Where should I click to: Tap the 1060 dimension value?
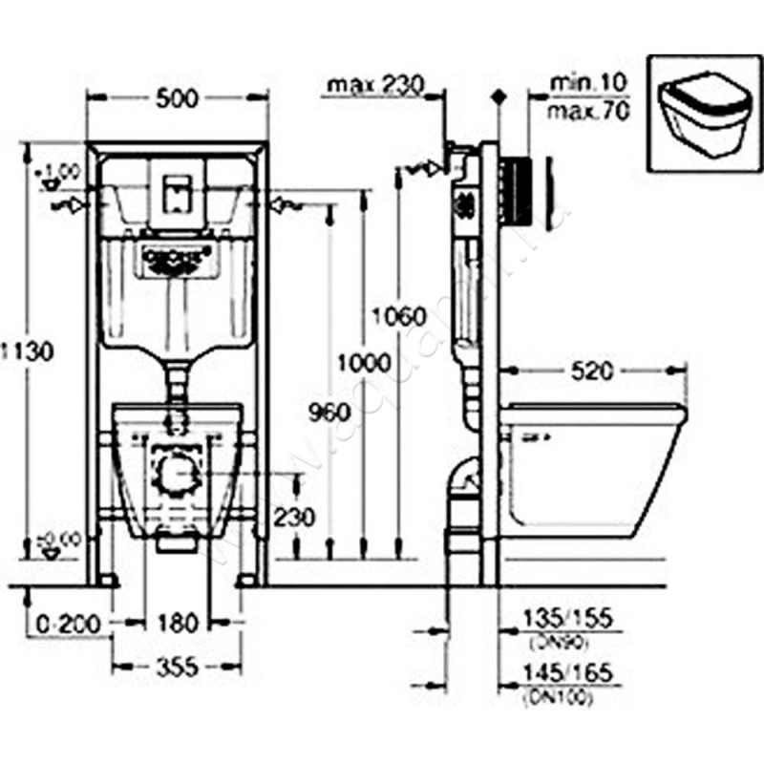393,315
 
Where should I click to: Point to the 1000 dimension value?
364,363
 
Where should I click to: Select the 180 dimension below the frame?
178,623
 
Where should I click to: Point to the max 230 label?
375,85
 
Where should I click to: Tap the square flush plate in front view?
176,190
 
